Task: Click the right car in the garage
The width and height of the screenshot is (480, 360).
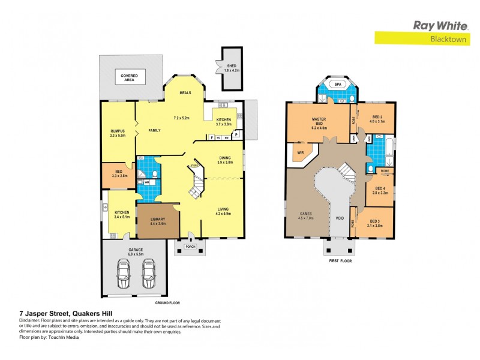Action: [x=149, y=275]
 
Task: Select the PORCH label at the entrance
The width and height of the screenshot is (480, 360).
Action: [x=190, y=246]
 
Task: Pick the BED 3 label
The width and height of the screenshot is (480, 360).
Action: [x=376, y=222]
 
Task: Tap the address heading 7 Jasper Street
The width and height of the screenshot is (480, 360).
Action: [x=58, y=313]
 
